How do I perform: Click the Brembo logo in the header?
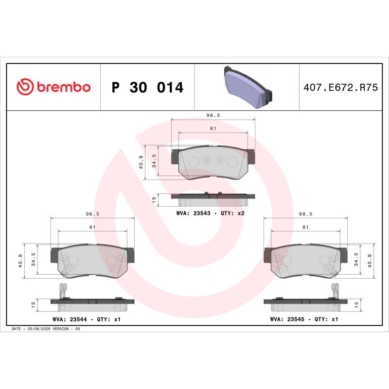coord(53,87)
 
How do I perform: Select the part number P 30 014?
coord(147,88)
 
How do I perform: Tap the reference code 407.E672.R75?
coord(340,88)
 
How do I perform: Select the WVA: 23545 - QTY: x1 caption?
coord(304,319)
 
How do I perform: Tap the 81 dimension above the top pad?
coord(213,129)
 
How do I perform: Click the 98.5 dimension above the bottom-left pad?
coord(92,213)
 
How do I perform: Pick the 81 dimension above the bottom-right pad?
coord(305,227)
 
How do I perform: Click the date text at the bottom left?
coord(45,329)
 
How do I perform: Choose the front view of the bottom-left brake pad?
coord(92,261)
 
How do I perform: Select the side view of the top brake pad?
coord(213,198)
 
